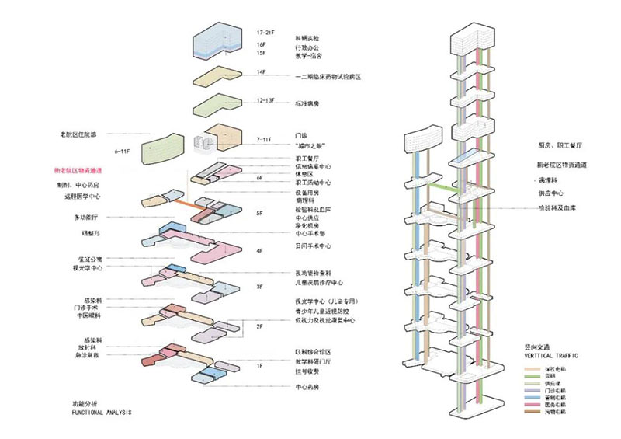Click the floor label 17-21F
point(265,33)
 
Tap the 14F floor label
point(260,72)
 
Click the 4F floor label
point(260,250)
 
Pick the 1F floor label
point(261,364)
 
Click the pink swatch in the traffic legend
point(529,405)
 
